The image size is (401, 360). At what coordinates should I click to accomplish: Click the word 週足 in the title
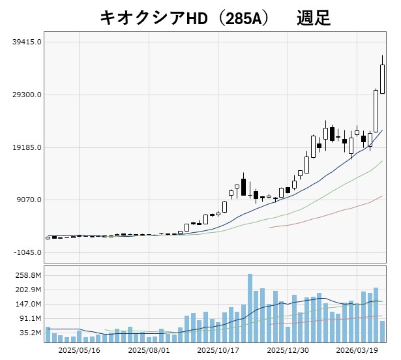pyautogui.click(x=313, y=18)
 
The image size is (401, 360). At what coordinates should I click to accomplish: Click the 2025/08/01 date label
pyautogui.click(x=149, y=350)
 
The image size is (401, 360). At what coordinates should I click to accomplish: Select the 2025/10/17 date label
pyautogui.click(x=218, y=350)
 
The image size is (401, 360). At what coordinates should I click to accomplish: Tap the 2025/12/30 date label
pyautogui.click(x=288, y=350)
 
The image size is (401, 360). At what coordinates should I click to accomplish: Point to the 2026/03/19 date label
pyautogui.click(x=357, y=350)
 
